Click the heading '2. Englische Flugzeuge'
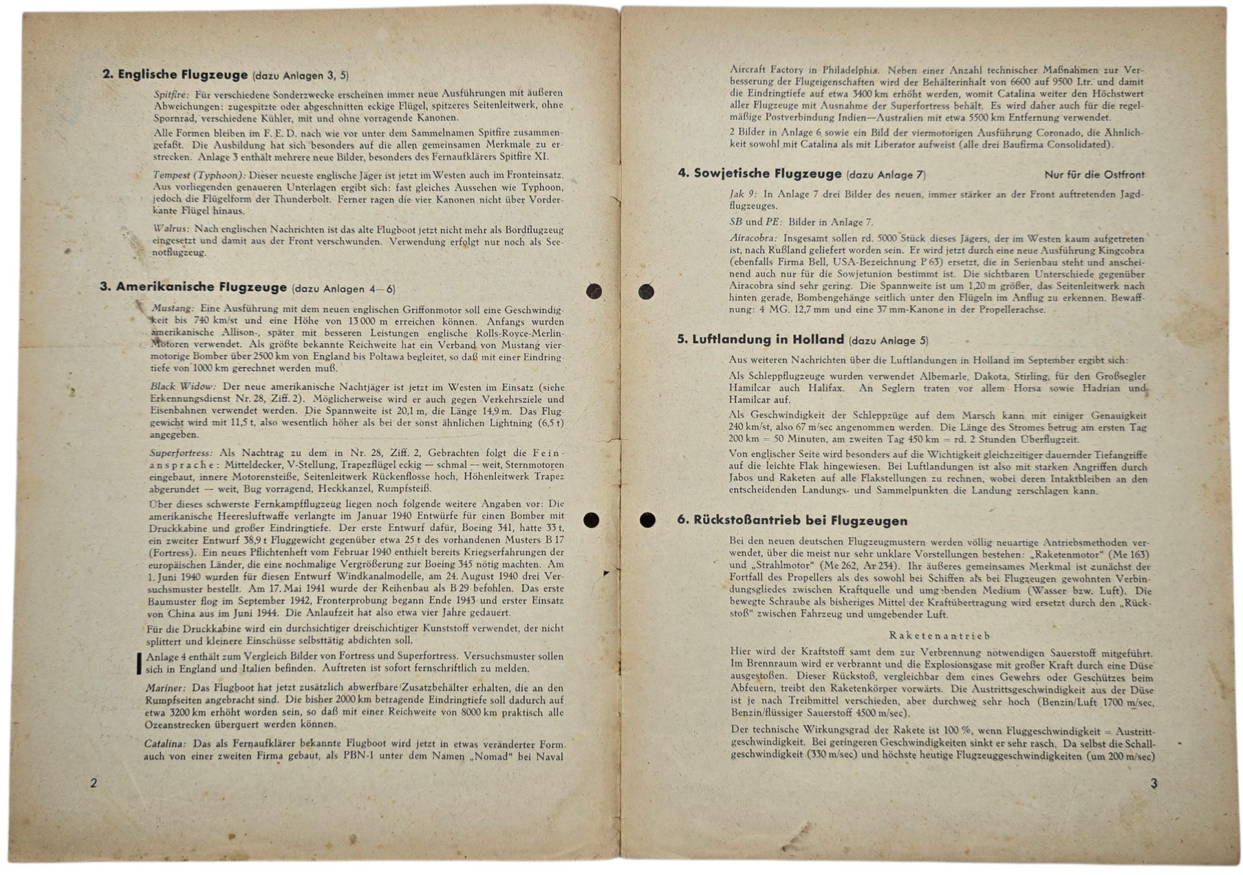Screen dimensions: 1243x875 tap(175, 74)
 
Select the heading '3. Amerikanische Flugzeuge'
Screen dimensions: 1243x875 tap(193, 287)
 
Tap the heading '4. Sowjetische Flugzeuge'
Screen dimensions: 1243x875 tap(759, 174)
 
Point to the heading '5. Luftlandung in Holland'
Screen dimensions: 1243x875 tap(760, 339)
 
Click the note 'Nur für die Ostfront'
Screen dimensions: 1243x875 tap(1094, 175)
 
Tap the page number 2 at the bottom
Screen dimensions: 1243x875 tap(94, 783)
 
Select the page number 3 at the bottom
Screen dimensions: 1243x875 tap(1153, 783)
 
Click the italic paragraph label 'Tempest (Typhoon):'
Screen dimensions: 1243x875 tap(199, 176)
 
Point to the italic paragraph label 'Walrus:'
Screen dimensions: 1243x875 tap(172, 229)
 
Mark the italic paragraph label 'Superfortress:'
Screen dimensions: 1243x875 tap(181, 453)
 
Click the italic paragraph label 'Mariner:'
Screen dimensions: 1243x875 tap(166, 688)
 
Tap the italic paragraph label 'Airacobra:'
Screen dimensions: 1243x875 tap(754, 238)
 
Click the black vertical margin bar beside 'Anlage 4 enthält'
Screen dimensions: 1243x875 tap(139, 663)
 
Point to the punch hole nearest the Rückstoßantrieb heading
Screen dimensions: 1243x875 tap(647, 519)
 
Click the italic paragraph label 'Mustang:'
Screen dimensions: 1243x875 tap(172, 308)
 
